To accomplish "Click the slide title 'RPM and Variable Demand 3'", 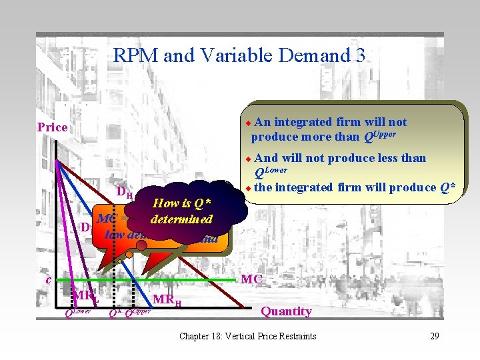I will pos(239,55).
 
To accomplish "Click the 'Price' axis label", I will pos(52,127).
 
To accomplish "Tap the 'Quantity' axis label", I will pos(286,311).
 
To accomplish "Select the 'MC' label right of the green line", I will pos(251,279).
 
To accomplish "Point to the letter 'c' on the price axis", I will pos(48,279).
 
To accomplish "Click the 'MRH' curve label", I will pos(168,301).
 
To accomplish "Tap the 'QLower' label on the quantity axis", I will pos(77,312).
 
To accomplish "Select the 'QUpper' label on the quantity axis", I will pos(138,312).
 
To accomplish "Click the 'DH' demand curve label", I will pos(125,193).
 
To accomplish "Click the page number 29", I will pos(434,336).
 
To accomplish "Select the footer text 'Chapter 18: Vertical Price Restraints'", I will pos(247,336).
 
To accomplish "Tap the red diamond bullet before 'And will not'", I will pos(247,159).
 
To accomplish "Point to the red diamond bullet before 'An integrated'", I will pos(247,123).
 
